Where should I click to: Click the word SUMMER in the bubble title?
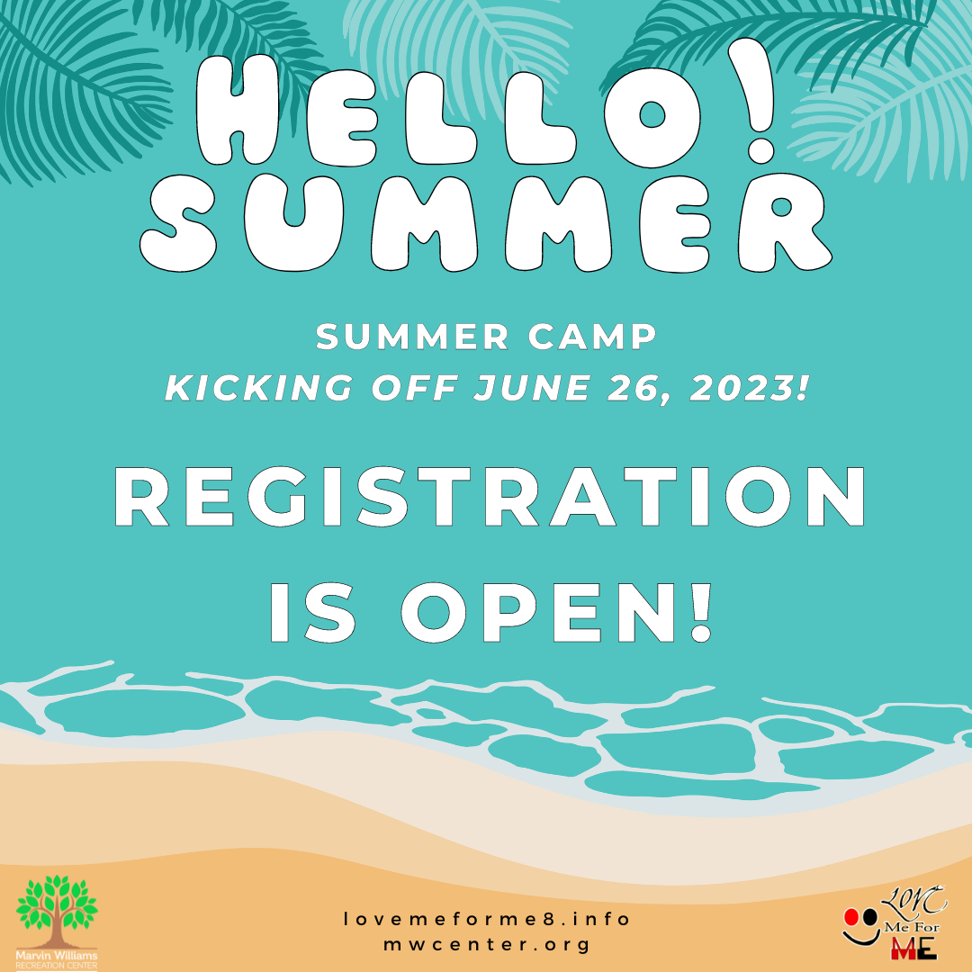[x=485, y=223]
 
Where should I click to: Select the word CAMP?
[x=591, y=337]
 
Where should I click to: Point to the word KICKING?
[x=259, y=388]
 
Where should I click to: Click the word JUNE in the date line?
[x=532, y=388]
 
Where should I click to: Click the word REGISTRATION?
[x=489, y=497]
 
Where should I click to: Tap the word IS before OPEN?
[x=312, y=613]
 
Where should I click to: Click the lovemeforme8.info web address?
[x=487, y=919]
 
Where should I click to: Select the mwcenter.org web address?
[x=487, y=945]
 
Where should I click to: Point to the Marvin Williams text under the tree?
[x=57, y=955]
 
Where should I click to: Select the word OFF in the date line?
[x=413, y=388]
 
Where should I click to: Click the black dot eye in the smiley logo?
[x=870, y=917]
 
